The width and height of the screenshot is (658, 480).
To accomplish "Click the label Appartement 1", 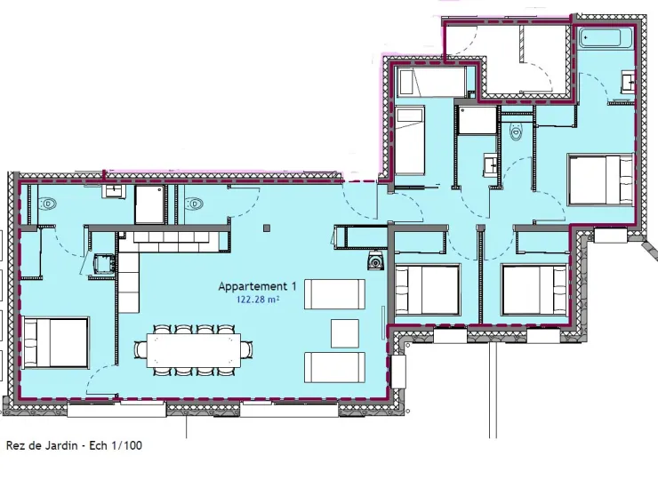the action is [257, 286].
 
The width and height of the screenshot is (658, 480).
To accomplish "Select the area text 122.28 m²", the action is [258, 300].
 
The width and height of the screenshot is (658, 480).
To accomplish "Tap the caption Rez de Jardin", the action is [42, 445].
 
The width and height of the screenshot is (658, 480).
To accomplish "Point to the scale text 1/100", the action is [126, 445].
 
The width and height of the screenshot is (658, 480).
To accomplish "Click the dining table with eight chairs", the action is [194, 350].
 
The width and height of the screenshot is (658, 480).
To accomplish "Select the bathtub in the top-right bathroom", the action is [600, 37].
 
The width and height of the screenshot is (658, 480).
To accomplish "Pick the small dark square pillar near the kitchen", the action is [267, 228].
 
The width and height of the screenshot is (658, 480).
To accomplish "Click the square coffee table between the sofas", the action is [345, 333].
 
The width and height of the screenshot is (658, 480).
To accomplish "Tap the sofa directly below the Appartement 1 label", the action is [334, 294].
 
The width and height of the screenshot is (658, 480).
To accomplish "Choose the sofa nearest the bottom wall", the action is [334, 367].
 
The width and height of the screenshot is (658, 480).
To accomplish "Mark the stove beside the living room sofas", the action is [375, 261].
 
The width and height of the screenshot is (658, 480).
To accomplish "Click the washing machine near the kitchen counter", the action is [103, 263].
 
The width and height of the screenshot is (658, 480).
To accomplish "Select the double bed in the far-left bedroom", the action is [55, 343].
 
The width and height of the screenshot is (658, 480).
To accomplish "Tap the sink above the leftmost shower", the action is [113, 191].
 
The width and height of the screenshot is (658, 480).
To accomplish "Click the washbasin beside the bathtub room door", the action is [627, 82].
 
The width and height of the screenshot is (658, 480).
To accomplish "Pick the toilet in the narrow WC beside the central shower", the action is [516, 132].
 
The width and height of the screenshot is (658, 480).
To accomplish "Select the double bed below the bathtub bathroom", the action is [600, 180].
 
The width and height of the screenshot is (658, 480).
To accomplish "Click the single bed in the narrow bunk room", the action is [410, 140].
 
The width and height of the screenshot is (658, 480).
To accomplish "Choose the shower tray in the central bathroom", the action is [478, 120].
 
